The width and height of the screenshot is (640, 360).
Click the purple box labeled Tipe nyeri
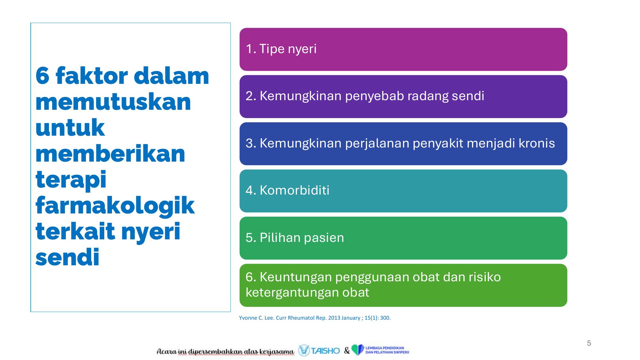pyautogui.click(x=403, y=49)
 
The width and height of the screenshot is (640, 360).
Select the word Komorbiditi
pyautogui.click(x=294, y=190)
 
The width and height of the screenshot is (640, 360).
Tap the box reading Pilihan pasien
pyautogui.click(x=403, y=238)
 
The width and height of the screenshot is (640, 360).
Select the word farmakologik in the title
pyautogui.click(x=115, y=206)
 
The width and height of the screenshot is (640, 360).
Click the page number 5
pyautogui.click(x=589, y=343)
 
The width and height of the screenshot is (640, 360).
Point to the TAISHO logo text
pyautogui.click(x=325, y=351)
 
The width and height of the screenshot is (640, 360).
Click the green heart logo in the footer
pyautogui.click(x=358, y=350)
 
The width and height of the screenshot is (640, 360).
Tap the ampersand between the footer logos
pyautogui.click(x=347, y=351)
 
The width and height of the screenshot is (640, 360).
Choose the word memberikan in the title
pyautogui.click(x=110, y=154)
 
